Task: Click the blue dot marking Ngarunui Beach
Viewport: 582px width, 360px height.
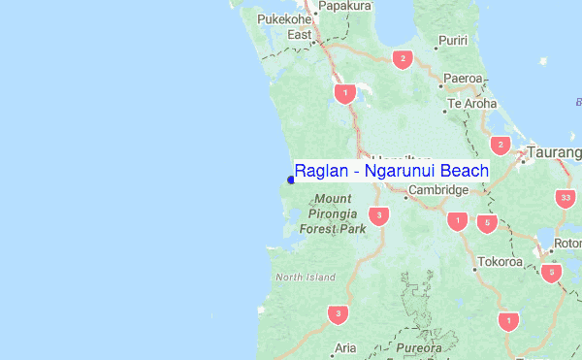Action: tap(291, 179)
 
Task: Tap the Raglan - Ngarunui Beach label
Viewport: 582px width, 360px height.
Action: tap(392, 170)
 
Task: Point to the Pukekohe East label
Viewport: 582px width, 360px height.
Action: tap(283, 26)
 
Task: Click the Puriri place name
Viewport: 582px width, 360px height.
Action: tap(453, 40)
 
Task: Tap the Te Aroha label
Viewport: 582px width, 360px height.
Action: tap(472, 103)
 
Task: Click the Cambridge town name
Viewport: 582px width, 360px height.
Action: tap(437, 190)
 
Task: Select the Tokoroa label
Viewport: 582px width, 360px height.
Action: tap(501, 262)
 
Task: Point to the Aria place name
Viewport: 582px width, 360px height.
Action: tap(345, 347)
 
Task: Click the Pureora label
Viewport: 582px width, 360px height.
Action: tap(420, 347)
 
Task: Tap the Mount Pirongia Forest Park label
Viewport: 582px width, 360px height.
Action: tap(333, 214)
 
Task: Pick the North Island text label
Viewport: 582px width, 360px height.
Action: tap(305, 278)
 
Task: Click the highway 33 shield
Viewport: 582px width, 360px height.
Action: tap(566, 198)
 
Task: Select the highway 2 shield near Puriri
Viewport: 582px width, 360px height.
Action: tap(401, 60)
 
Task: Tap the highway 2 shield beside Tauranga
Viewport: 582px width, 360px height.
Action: tap(501, 146)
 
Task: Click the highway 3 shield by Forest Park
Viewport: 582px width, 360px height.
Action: tap(379, 215)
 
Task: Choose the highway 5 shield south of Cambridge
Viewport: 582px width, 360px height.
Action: tap(487, 223)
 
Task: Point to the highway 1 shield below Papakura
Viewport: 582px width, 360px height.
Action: tap(343, 93)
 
